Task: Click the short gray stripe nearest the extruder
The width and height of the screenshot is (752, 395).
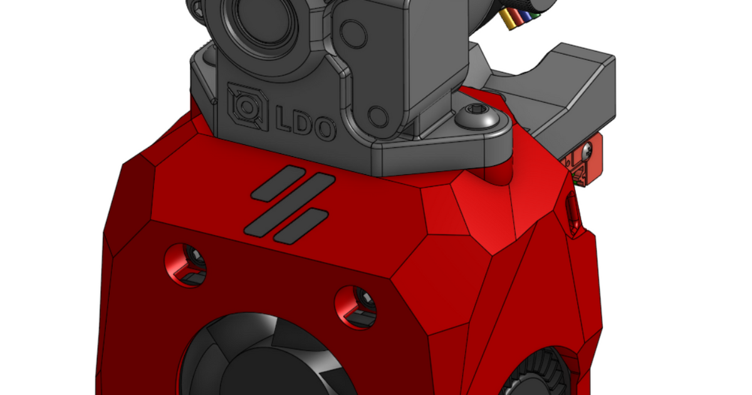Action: click(278, 182)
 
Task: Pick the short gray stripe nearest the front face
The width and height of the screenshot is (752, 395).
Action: click(301, 227)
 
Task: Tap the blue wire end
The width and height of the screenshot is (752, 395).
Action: click(521, 16)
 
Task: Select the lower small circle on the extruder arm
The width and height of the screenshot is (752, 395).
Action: click(378, 116)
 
